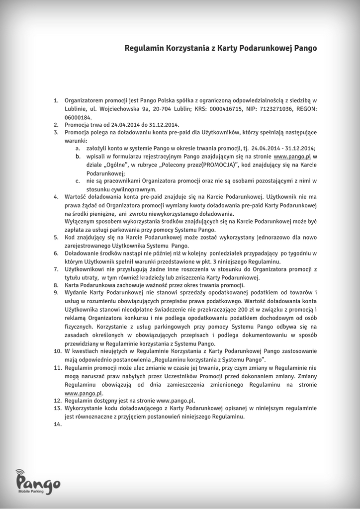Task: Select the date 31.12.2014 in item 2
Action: [165, 125]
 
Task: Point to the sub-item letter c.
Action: [78, 181]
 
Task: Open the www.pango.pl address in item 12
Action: [176, 400]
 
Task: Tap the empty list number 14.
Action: [57, 424]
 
